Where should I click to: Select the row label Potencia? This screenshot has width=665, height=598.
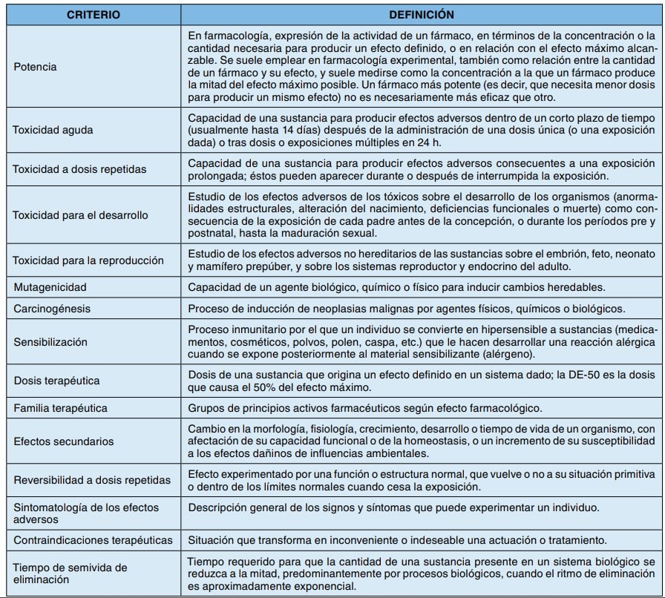(35, 67)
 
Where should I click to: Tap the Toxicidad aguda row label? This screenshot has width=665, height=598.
(52, 130)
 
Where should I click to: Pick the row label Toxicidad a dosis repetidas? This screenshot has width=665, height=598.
(79, 169)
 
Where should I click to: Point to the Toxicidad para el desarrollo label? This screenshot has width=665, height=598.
(80, 215)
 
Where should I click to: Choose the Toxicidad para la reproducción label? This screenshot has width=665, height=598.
(88, 260)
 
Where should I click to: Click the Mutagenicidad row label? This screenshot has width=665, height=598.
(50, 286)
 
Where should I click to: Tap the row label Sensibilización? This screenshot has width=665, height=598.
(50, 342)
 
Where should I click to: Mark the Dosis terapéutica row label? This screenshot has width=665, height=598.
(56, 381)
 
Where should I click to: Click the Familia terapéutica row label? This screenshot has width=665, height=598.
(60, 408)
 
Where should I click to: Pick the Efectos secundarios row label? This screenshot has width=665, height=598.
(63, 441)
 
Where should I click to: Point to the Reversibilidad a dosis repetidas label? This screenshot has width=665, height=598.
(92, 480)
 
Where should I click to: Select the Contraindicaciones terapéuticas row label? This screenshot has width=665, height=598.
(93, 539)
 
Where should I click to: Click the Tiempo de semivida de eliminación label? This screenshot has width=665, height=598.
(70, 574)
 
